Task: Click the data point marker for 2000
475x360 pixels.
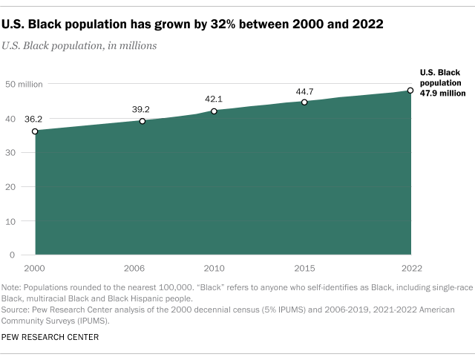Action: [35, 131]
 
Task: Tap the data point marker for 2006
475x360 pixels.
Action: [142, 121]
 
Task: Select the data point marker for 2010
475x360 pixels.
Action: [214, 111]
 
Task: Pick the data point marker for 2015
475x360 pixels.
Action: [304, 102]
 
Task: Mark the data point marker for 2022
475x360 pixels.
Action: [410, 91]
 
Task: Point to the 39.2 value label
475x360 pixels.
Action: [141, 109]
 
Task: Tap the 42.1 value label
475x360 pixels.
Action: [214, 99]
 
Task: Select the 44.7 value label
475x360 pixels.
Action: [304, 90]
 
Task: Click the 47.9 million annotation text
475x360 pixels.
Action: [443, 94]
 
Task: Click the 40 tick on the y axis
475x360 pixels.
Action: [12, 118]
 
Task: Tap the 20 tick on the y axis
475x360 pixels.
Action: [12, 186]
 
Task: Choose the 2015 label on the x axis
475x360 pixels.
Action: [304, 267]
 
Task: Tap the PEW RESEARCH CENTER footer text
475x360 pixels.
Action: [50, 337]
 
